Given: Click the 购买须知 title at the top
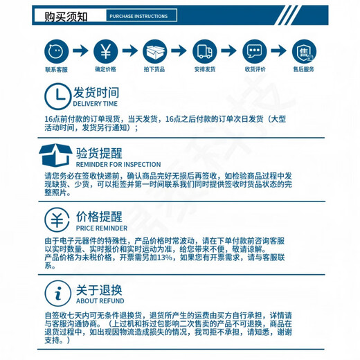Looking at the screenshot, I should click(x=68, y=15).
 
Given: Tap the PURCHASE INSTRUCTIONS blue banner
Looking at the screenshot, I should click(x=138, y=15).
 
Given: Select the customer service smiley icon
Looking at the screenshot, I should click(x=55, y=51).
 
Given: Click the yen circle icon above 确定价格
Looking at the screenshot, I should click(x=105, y=51).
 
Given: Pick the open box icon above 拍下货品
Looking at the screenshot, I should click(x=155, y=51).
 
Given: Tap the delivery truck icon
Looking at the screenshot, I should click(x=205, y=51).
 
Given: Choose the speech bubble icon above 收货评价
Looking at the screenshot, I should click(x=255, y=51).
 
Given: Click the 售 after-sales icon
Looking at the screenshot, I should click(x=304, y=51).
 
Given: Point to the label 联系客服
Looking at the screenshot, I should click(x=55, y=70).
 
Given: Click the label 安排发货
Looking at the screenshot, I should click(x=205, y=70).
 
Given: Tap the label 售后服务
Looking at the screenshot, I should click(x=304, y=70).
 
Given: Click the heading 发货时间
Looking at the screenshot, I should click(x=96, y=92).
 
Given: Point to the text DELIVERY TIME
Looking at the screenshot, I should click(x=96, y=103).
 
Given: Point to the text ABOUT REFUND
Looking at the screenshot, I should click(x=100, y=301).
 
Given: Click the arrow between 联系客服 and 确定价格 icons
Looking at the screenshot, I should click(x=80, y=51).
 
